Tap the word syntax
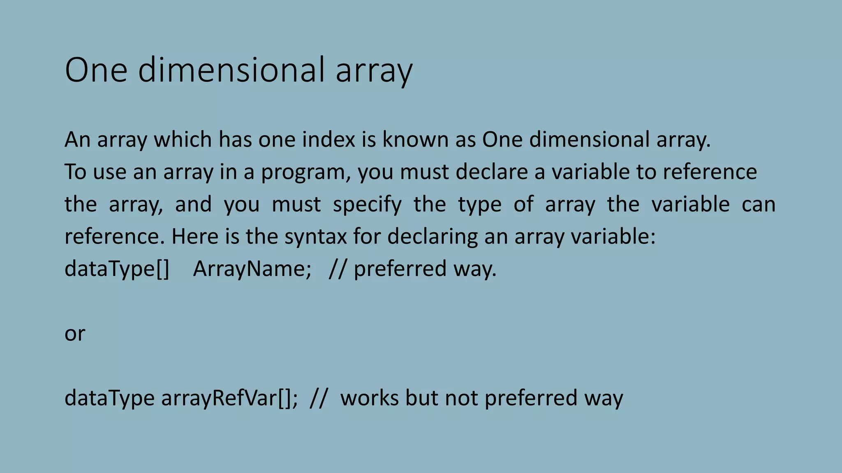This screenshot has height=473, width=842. (315, 237)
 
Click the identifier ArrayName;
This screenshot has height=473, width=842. (252, 269)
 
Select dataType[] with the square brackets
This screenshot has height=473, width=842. (117, 269)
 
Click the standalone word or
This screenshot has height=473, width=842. (75, 334)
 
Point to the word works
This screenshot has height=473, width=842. (369, 398)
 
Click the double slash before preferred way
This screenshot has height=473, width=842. (338, 269)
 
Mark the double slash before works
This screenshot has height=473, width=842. (319, 398)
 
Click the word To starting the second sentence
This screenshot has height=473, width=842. (75, 172)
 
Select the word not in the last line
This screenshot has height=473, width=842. (461, 398)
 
